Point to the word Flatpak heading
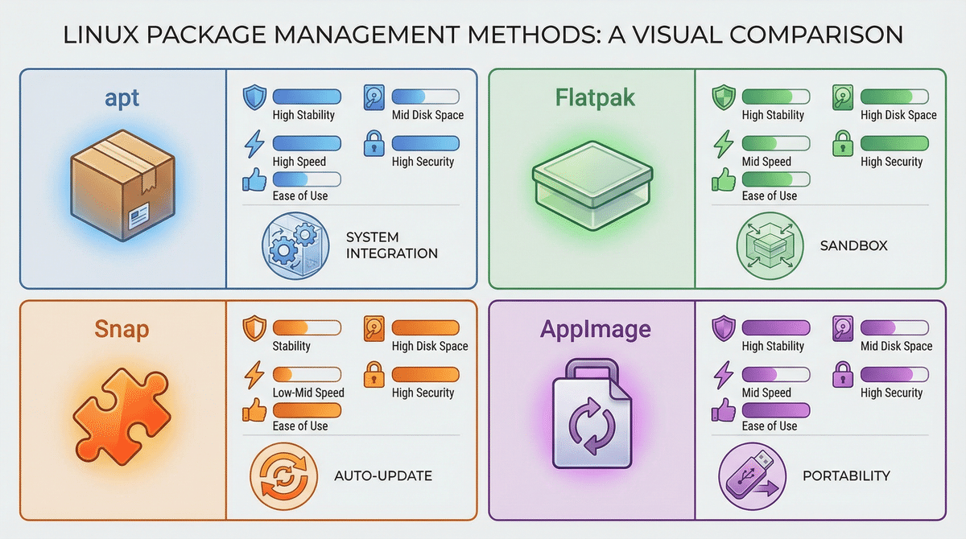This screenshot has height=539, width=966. click(595, 99)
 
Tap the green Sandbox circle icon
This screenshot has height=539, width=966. click(765, 245)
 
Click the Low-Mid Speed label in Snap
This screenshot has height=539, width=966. click(308, 393)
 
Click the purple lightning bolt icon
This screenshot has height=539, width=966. click(723, 376)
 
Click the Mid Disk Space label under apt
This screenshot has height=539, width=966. click(427, 115)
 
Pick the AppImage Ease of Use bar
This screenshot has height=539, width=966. click(776, 410)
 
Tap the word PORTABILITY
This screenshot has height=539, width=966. click(846, 476)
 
